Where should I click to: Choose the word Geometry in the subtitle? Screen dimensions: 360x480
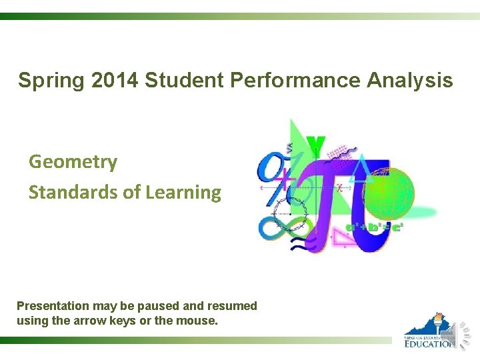tap(73, 162)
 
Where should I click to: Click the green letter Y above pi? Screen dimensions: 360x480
tap(315, 145)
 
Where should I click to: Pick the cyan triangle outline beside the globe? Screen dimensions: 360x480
tap(363, 168)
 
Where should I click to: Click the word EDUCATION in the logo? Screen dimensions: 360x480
tap(429, 343)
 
